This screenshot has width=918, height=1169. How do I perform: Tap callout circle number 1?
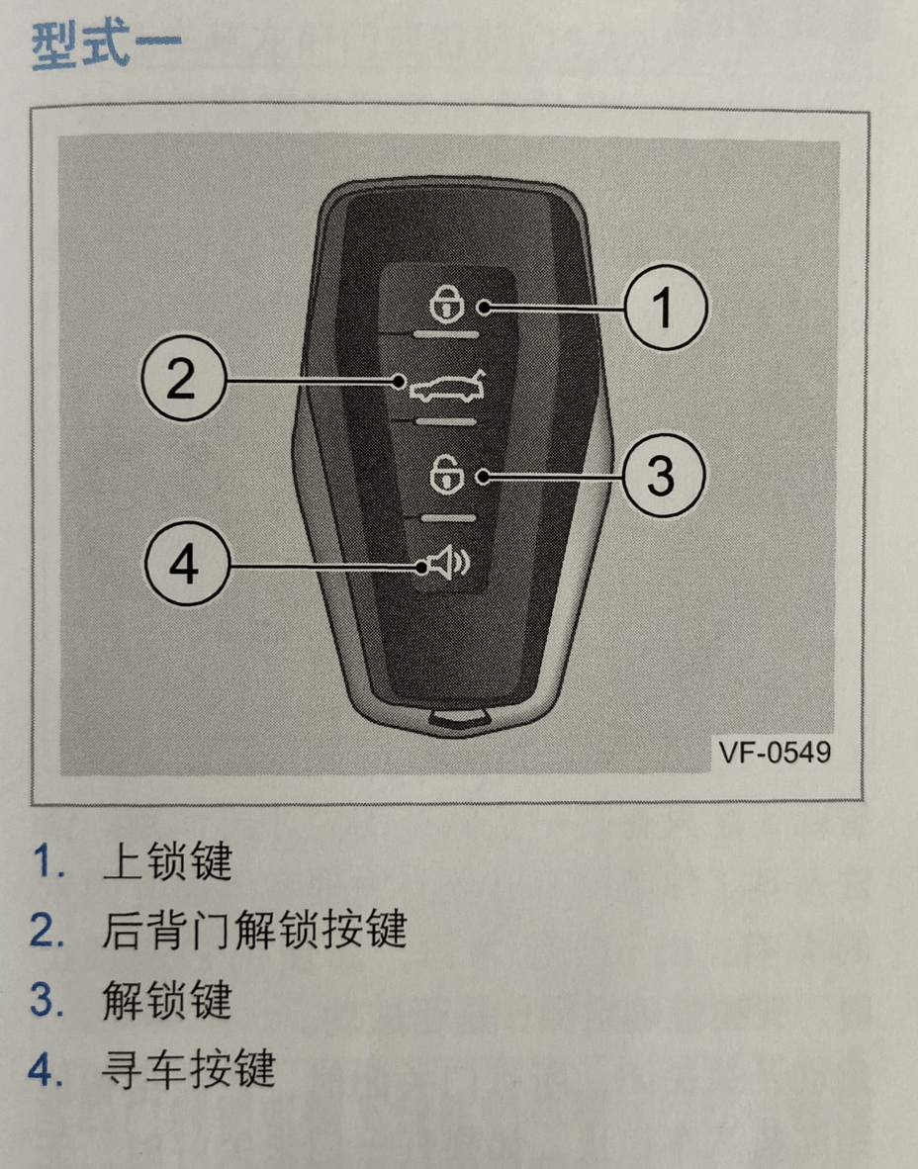point(664,308)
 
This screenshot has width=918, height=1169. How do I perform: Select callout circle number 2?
point(180,380)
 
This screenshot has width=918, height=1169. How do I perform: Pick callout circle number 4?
point(185,566)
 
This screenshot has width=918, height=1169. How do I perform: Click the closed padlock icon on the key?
point(445,302)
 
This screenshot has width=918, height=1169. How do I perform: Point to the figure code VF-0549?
point(774,753)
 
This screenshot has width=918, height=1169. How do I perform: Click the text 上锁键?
point(166,862)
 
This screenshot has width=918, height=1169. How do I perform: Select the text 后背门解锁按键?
point(253,932)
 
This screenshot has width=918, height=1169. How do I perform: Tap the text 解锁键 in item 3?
point(166,1001)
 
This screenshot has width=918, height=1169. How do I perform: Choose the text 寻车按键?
point(188,1070)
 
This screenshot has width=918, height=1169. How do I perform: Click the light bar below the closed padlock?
point(445,335)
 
